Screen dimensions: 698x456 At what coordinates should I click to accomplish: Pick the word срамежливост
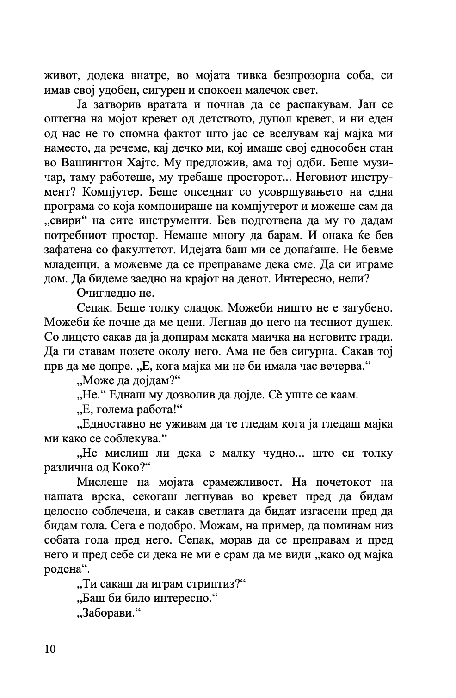(241, 482)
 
